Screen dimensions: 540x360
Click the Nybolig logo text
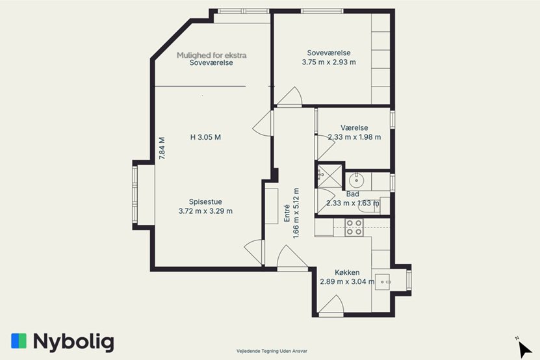click(73, 342)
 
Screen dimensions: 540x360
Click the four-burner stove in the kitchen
click(354, 227)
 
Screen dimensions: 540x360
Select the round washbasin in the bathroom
click(357, 180)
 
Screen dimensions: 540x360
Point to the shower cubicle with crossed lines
click(329, 176)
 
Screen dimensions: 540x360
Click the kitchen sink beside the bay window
click(382, 282)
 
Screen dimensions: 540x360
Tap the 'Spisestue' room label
click(205, 202)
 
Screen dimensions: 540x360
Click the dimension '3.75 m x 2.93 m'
click(329, 62)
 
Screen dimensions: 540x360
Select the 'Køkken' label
click(347, 272)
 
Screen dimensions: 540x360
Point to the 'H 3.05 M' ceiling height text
click(205, 137)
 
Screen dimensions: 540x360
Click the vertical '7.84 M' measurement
click(162, 148)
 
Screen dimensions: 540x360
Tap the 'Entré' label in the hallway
click(287, 213)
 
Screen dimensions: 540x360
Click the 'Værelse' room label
click(354, 128)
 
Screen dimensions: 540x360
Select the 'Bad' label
click(353, 194)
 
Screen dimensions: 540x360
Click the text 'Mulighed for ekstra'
click(212, 55)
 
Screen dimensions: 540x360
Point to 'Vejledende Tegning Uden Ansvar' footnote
click(272, 351)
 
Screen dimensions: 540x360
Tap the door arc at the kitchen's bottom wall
click(331, 305)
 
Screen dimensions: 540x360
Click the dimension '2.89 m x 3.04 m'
click(347, 281)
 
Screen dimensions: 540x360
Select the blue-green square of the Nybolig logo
click(19, 341)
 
